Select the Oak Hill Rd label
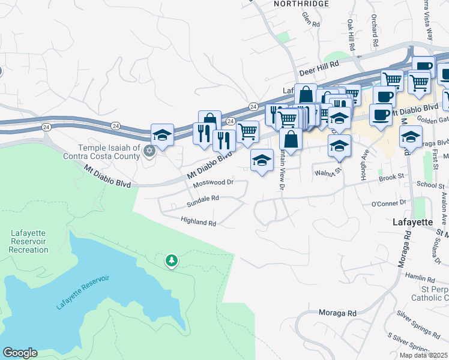(350, 34)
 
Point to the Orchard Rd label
(374, 31)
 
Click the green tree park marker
(172, 260)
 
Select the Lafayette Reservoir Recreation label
(29, 241)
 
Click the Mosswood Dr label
(212, 181)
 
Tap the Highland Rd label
(198, 221)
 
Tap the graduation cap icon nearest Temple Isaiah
(162, 134)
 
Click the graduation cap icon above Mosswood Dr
(261, 160)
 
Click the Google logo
(20, 353)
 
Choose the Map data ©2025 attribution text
(424, 355)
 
